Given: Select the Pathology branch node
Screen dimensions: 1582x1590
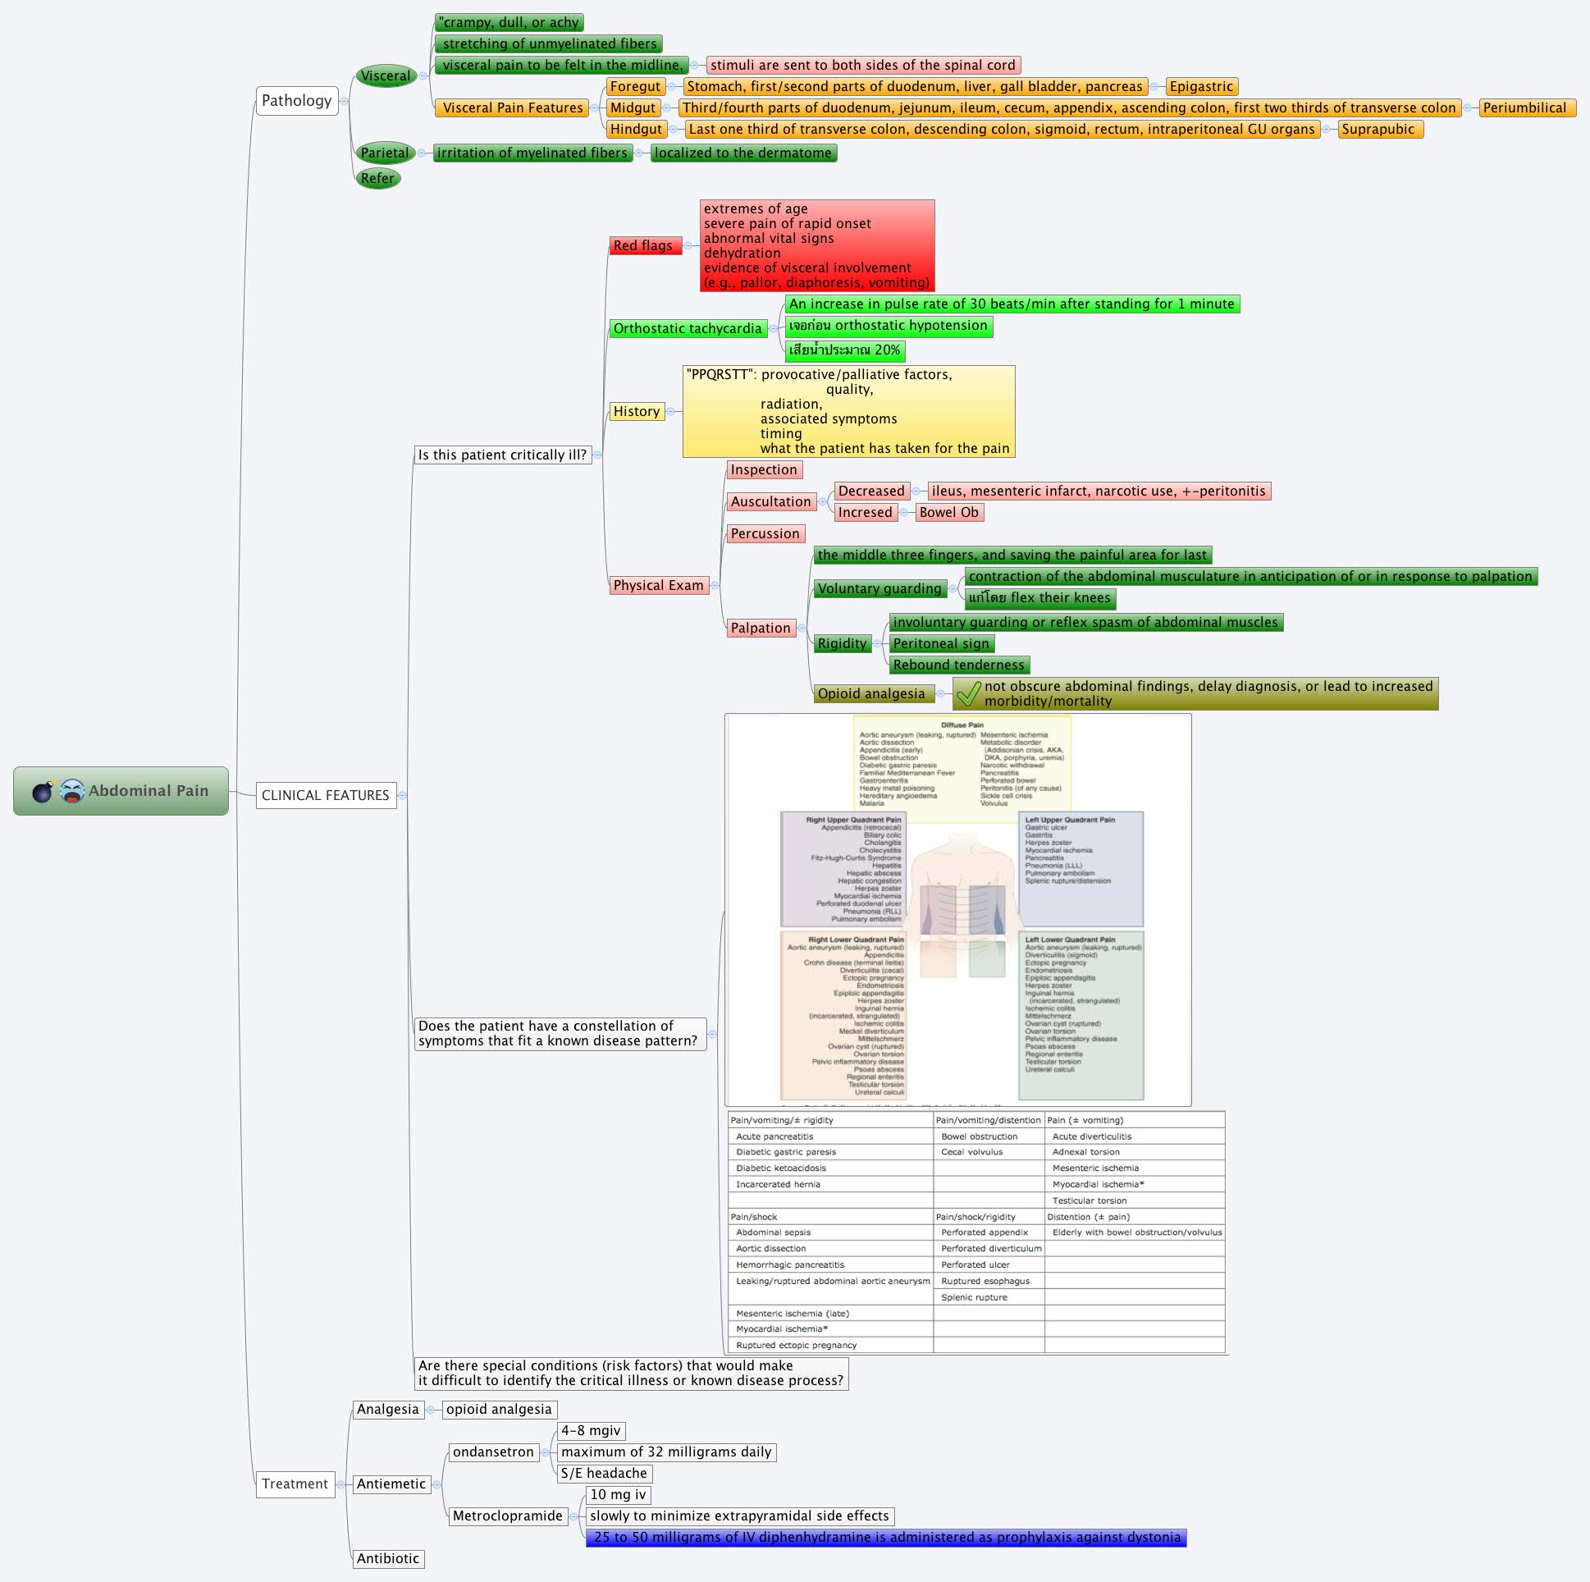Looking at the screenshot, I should (296, 101).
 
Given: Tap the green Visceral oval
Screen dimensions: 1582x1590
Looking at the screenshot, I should (385, 75).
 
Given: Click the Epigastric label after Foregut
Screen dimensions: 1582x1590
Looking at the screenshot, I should (1201, 86).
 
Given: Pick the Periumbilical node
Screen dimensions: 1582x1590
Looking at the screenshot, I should (1524, 107).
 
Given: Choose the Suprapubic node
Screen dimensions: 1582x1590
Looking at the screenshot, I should (1378, 129).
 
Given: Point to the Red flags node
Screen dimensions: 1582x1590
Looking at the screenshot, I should (644, 245).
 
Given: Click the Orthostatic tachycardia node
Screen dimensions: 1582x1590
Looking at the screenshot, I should (688, 328).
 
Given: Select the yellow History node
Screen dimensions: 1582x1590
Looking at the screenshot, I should (636, 412).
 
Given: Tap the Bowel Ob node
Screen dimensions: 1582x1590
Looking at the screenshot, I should (948, 512).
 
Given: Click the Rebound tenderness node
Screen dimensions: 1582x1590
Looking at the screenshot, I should (958, 665).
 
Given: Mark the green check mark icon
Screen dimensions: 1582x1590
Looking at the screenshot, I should (968, 693).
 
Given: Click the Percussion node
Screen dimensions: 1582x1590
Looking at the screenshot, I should (765, 533).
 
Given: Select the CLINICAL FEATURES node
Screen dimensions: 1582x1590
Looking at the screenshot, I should (325, 795).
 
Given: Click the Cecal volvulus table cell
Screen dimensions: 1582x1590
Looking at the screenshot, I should (971, 1151).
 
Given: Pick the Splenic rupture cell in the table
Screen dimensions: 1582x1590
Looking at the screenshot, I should (974, 1297).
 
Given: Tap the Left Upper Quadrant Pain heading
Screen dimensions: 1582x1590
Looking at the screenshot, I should (1069, 820).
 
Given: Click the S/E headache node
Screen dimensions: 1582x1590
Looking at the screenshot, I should (603, 1474).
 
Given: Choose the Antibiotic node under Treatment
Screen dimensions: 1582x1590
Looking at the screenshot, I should (387, 1558).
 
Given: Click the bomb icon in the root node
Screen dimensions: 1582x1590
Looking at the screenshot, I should (43, 791).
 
